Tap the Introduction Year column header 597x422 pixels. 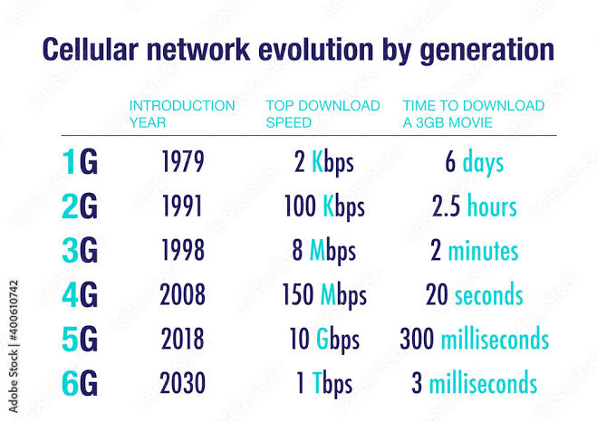coord(181,113)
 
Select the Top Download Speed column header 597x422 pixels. coord(323,113)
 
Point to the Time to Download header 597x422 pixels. coord(473,113)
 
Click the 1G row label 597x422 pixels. coord(80,163)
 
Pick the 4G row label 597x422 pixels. coord(80,295)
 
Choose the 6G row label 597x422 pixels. coord(80,383)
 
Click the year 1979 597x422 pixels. coord(183,163)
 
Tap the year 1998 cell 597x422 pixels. coord(183,251)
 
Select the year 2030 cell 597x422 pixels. coord(183,383)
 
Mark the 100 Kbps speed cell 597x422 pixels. coord(323,207)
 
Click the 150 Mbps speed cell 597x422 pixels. coord(323,295)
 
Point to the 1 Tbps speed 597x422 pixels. coord(323,383)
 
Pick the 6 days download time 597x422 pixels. coord(474,163)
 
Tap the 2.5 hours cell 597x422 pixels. coord(474,207)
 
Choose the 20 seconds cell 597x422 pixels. coord(474,295)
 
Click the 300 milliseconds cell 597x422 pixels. coord(474,340)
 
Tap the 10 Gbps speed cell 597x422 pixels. coord(323,340)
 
